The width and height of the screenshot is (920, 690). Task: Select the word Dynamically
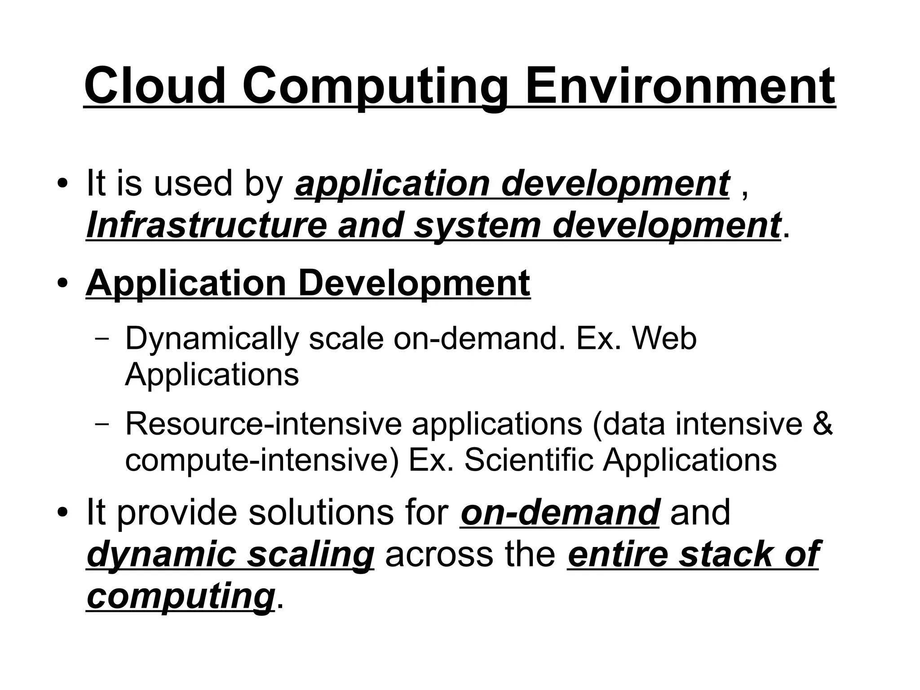[x=212, y=339]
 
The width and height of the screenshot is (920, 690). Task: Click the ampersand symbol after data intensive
[x=822, y=424]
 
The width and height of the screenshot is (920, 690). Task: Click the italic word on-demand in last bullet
[x=560, y=512]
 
